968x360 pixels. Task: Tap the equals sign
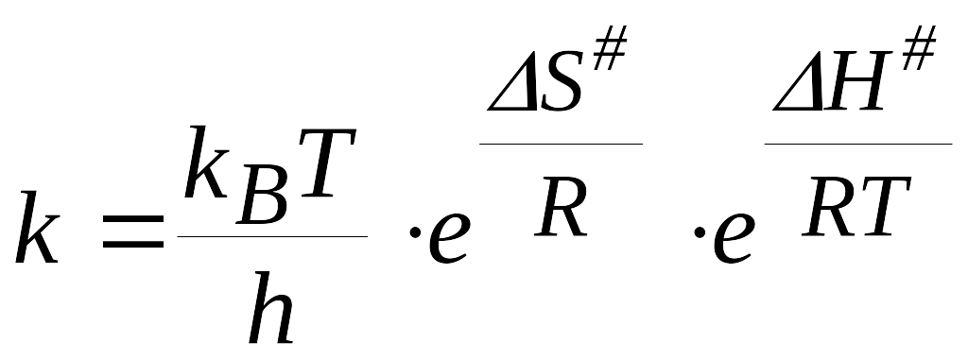[133, 231]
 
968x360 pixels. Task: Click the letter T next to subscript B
[326, 163]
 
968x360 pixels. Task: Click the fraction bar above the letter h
[272, 236]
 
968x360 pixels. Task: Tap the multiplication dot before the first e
[415, 232]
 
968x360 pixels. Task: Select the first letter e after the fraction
[449, 237]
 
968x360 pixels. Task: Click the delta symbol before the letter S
[513, 85]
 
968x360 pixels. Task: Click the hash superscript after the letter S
[609, 47]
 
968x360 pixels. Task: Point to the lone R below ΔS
[561, 207]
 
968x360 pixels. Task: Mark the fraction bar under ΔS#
[562, 144]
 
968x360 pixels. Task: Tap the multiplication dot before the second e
[700, 232]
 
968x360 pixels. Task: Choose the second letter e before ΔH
[734, 237]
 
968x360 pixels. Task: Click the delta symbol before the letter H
[799, 85]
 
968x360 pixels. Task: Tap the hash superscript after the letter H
[918, 47]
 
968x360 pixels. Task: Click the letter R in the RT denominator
[828, 207]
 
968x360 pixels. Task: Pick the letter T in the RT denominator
[883, 207]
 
